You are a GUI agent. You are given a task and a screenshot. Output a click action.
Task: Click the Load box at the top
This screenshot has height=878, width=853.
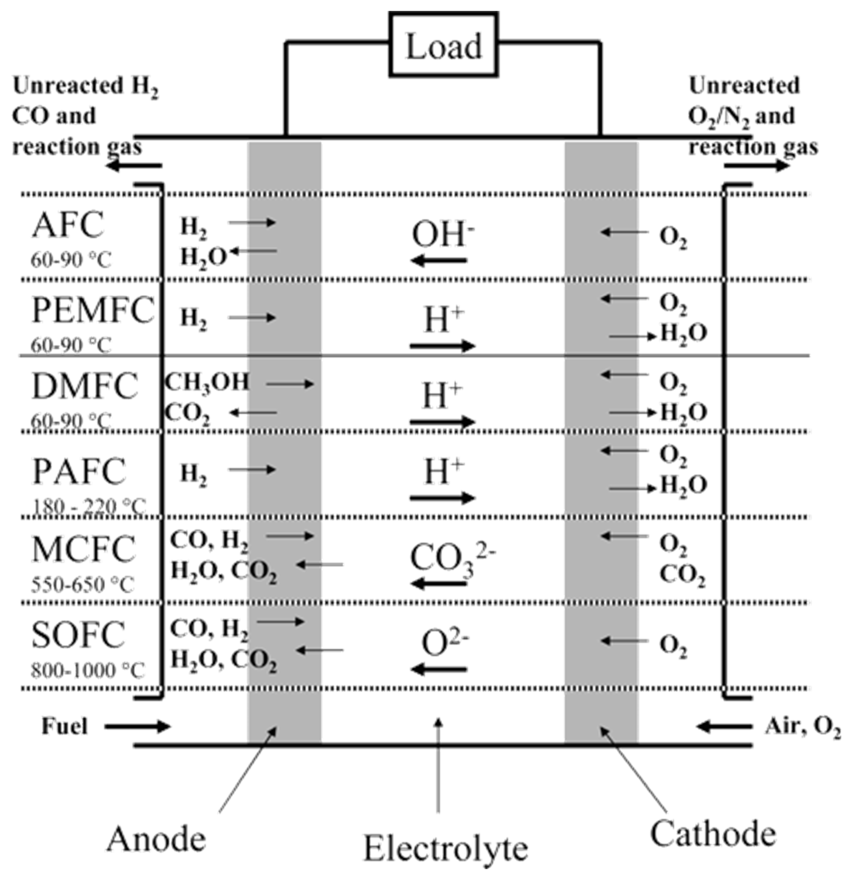click(443, 45)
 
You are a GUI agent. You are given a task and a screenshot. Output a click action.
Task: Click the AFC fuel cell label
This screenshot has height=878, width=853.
click(68, 225)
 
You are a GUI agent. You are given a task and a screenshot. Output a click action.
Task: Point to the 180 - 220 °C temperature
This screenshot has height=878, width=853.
click(89, 507)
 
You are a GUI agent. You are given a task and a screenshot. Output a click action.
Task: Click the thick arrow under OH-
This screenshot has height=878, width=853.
click(439, 260)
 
